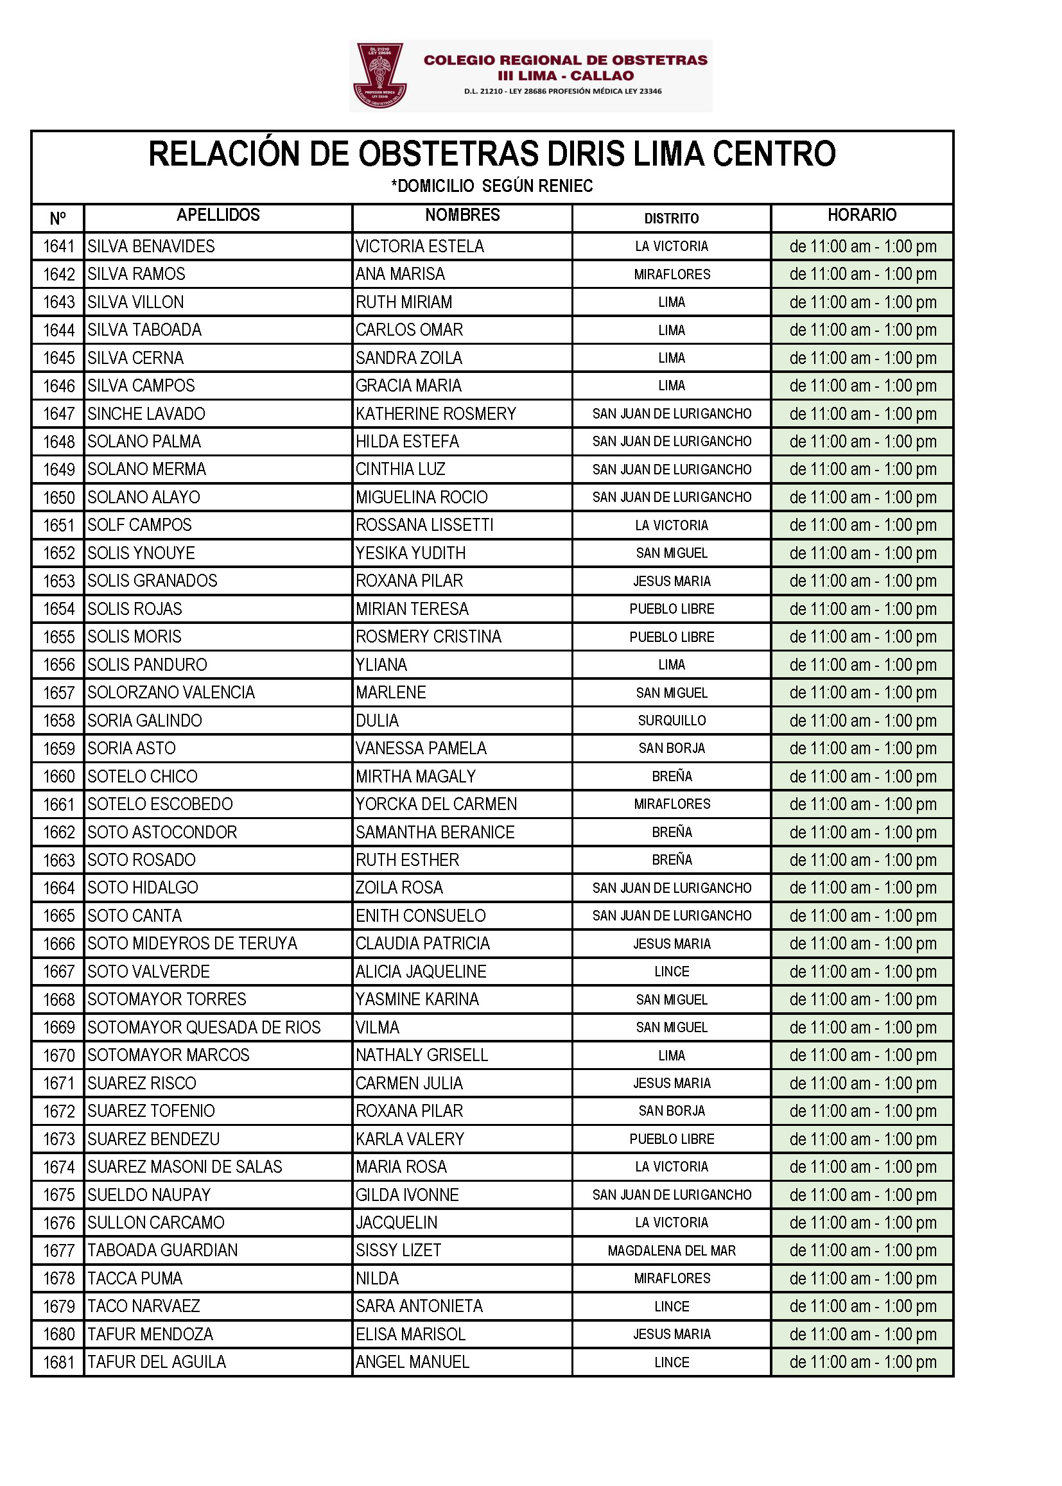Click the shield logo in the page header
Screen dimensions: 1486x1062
(380, 76)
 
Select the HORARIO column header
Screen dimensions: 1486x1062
(861, 215)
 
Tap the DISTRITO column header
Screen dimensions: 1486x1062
(671, 218)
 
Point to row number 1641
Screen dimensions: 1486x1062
(59, 246)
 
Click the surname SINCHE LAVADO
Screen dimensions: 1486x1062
(146, 414)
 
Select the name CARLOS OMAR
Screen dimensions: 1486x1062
(410, 330)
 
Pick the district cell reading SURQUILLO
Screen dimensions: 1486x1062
(672, 720)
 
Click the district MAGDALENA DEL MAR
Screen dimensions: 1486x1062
(672, 1250)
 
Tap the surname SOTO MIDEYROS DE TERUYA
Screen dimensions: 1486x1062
(192, 944)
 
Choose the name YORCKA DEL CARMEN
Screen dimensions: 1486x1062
(436, 804)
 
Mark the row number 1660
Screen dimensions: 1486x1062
(59, 777)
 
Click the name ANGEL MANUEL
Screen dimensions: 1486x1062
(413, 1361)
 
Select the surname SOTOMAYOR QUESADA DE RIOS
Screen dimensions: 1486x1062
(204, 1027)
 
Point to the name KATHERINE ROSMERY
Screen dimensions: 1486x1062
(436, 414)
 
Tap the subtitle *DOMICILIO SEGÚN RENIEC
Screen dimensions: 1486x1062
(492, 186)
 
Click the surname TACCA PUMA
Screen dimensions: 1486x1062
(135, 1278)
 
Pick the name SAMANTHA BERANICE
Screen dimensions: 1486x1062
(435, 833)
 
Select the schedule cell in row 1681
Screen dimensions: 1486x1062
(862, 1361)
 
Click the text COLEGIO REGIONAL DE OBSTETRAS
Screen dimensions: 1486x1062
(566, 60)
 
